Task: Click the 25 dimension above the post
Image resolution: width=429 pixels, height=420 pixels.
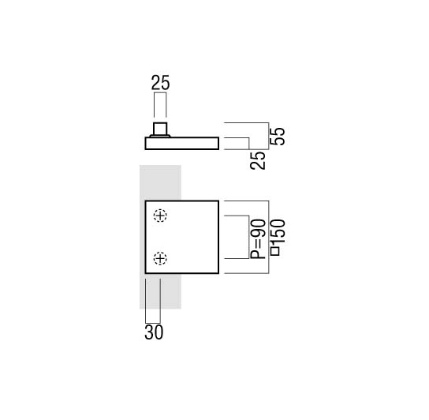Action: [x=161, y=82]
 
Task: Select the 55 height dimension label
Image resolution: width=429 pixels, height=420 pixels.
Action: [x=278, y=137]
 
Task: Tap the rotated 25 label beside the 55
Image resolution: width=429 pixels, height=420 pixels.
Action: [x=258, y=161]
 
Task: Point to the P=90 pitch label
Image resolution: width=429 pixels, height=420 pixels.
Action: [x=258, y=239]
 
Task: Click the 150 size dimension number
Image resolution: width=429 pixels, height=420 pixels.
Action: [x=278, y=231]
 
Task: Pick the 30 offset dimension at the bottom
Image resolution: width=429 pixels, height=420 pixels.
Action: [x=154, y=332]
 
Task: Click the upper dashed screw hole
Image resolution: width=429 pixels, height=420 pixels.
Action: [x=160, y=216]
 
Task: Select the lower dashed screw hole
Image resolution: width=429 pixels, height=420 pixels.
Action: [x=160, y=258]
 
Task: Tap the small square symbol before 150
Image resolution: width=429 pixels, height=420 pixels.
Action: [x=275, y=252]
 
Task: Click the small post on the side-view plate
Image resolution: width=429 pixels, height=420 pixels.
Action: [x=160, y=129]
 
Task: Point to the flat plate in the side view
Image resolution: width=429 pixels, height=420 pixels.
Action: [x=182, y=143]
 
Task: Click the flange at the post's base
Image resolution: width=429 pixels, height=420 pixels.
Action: [x=160, y=136]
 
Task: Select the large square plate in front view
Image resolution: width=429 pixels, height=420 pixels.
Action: [x=182, y=238]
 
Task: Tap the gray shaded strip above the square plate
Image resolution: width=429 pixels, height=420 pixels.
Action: [x=160, y=182]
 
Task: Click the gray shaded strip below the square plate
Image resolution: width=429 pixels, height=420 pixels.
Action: [x=160, y=291]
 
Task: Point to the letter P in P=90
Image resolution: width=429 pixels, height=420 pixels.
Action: [x=258, y=254]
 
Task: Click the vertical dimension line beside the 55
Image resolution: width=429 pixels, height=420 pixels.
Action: [x=269, y=136]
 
